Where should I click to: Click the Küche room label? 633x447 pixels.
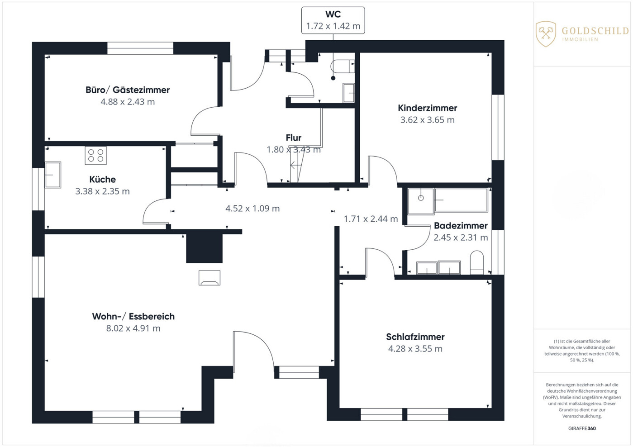(103, 180)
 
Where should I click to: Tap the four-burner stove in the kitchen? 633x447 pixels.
(96, 155)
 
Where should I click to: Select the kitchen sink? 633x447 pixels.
(53, 175)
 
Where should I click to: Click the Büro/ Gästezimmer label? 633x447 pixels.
(128, 90)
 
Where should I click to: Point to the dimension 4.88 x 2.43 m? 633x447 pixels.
(128, 102)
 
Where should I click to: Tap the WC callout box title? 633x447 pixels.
(333, 14)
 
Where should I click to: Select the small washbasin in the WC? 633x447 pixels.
(348, 93)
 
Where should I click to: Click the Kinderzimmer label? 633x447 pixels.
(427, 108)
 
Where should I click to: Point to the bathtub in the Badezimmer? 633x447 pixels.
(461, 200)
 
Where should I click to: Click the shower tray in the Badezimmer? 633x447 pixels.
(421, 201)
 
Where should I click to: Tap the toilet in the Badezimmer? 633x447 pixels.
(477, 262)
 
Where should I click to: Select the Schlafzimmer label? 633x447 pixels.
(415, 337)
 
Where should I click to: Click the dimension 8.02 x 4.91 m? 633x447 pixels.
(133, 328)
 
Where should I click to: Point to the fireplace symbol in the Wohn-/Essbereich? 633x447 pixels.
(209, 278)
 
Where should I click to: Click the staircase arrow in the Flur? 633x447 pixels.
(295, 165)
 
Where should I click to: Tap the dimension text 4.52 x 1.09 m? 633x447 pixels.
(252, 209)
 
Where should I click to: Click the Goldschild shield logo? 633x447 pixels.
(546, 34)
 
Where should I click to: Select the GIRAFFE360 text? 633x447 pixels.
(582, 428)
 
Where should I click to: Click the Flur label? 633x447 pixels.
(294, 138)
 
